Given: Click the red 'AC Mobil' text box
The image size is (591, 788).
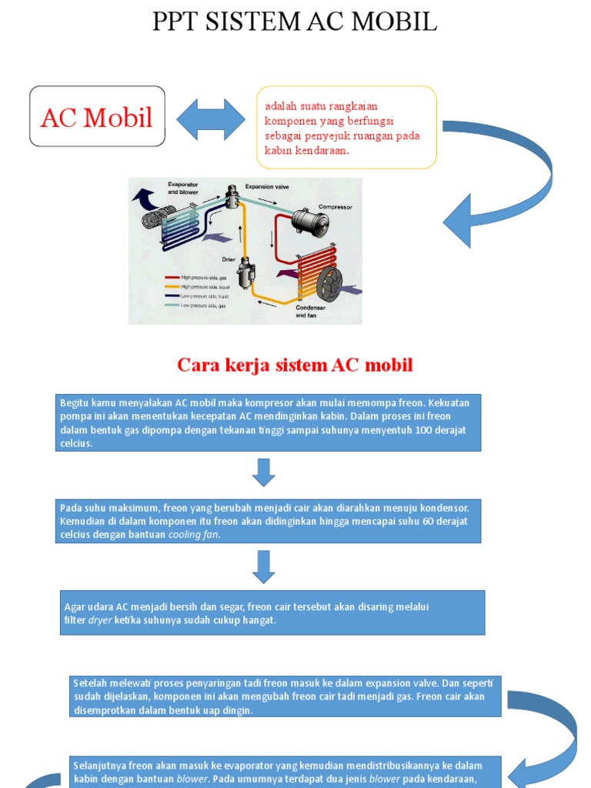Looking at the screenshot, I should (97, 117).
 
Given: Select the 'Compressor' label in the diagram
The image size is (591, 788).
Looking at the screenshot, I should (336, 207).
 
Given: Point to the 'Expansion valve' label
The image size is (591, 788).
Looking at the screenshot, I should (269, 186).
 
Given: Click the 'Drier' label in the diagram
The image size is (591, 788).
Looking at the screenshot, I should (229, 259).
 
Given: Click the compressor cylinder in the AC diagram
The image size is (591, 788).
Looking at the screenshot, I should (309, 222).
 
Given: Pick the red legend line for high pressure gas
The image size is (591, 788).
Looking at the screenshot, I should (172, 277).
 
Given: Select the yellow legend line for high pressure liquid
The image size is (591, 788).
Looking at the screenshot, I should (172, 286).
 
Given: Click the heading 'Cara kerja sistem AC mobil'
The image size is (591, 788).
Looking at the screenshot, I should (295, 365).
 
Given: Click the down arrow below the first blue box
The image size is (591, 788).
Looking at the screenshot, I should (264, 472).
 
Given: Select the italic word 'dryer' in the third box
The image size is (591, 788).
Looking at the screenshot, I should (100, 619).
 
